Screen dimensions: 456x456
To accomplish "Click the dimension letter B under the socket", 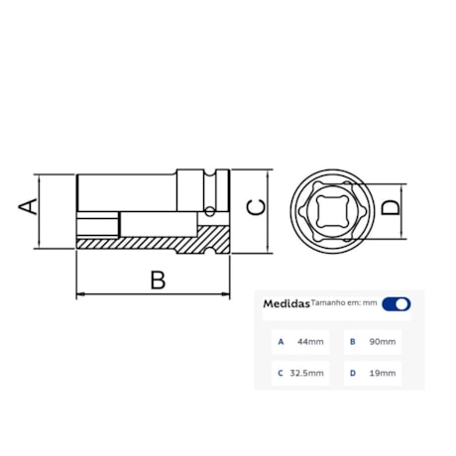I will [156, 280].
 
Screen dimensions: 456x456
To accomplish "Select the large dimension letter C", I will [256, 207].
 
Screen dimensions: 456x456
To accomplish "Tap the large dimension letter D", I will [392, 208].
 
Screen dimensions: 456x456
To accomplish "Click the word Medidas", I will [285, 305].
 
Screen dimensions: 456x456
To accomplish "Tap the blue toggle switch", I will [396, 304].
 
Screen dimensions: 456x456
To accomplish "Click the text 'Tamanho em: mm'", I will [343, 303].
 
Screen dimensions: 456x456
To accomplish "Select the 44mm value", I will [310, 342].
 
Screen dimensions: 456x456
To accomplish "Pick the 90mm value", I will [382, 342].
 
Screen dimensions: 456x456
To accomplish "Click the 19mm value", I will [382, 374].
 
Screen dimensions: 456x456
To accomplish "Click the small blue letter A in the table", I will [281, 342].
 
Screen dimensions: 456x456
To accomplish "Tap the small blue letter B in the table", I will [352, 342].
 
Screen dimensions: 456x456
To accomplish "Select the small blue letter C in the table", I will [281, 374].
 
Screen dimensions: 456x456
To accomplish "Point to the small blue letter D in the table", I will [352, 374].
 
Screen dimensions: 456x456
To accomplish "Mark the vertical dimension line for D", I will [406, 209].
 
